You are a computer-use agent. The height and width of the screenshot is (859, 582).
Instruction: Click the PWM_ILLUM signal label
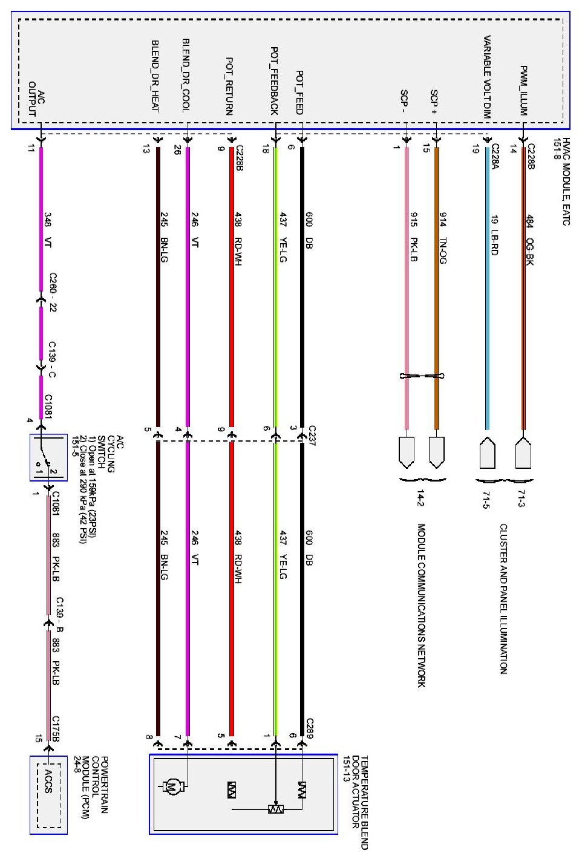(x=524, y=91)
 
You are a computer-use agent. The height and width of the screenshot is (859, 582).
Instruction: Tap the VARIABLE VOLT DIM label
(x=487, y=76)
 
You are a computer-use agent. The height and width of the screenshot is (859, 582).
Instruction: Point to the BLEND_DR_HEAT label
(x=155, y=76)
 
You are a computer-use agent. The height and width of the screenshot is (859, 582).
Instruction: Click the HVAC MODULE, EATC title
(x=562, y=181)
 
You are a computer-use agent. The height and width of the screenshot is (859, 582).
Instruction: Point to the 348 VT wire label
(x=47, y=230)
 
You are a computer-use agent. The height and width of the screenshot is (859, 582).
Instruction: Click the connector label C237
(x=312, y=436)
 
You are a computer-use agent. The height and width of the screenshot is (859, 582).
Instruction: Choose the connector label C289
(x=310, y=728)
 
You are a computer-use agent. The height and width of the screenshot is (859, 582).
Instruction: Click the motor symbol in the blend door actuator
(x=172, y=787)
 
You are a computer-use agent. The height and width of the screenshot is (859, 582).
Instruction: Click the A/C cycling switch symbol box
(x=48, y=457)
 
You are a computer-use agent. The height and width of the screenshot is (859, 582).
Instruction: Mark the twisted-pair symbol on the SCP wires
(x=422, y=376)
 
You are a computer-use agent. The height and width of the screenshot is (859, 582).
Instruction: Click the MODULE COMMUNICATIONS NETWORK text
(x=422, y=605)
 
